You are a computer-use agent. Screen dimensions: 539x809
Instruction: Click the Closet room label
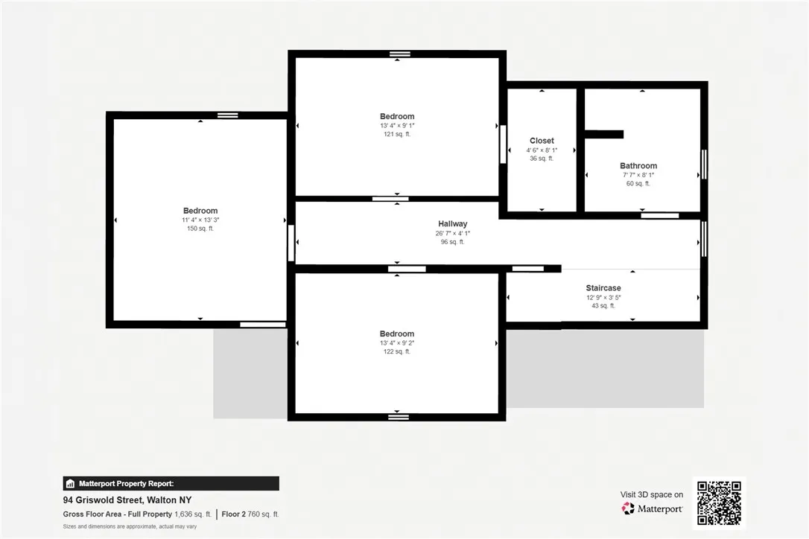point(542,141)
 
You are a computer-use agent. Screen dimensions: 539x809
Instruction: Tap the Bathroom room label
point(638,166)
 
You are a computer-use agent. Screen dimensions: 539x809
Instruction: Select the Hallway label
point(453,224)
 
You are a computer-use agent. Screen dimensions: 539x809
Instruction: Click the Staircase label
point(603,288)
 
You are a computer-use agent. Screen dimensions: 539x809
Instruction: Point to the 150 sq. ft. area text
point(200,229)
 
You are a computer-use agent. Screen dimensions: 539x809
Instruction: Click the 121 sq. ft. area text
point(397,134)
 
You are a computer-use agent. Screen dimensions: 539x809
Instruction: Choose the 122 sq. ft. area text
point(397,351)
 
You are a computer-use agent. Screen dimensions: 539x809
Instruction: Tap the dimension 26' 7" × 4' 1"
point(453,233)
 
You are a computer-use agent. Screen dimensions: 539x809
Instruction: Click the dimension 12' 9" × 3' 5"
point(603,297)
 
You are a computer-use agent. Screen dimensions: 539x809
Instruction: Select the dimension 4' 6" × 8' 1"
point(542,150)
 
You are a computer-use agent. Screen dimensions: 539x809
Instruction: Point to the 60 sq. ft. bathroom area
point(638,183)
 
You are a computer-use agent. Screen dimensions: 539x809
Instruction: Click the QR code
point(719,503)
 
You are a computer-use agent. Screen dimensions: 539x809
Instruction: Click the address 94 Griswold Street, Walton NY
point(127,500)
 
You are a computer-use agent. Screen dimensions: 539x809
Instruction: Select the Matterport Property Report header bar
point(171,483)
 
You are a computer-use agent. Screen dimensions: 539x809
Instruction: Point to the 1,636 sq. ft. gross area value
point(192,514)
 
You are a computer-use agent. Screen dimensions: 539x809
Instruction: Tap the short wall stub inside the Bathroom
point(603,135)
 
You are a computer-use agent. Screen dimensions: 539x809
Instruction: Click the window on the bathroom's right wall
point(704,164)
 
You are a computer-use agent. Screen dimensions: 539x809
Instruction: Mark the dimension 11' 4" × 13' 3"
point(200,220)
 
